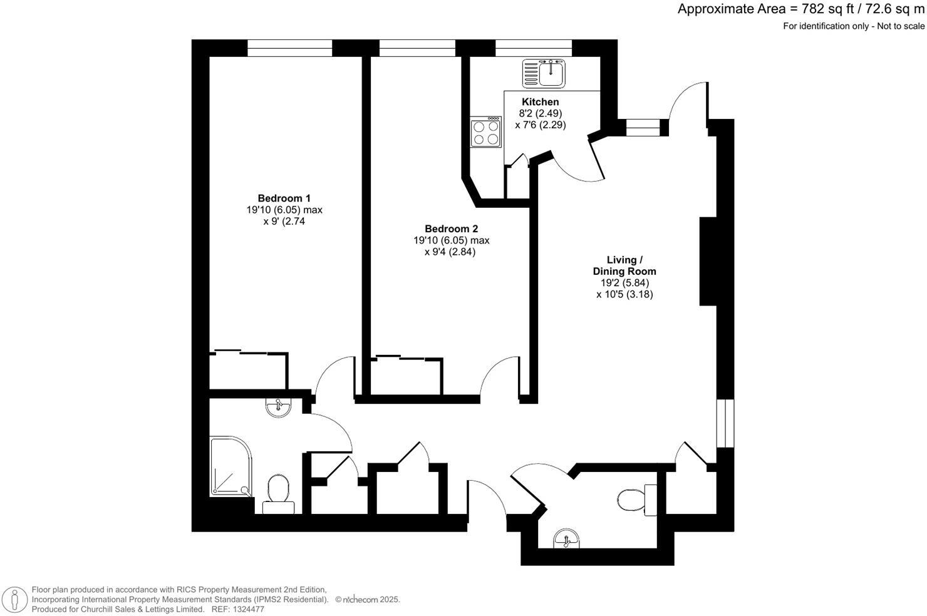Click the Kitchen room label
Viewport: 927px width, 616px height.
(540, 102)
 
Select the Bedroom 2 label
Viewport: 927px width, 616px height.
(451, 229)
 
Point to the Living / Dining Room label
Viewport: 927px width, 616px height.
(624, 265)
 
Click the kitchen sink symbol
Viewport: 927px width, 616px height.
(544, 73)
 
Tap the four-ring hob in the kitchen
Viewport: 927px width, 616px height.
(486, 132)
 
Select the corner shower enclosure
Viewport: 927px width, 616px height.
(230, 466)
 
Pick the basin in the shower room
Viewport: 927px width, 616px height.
(278, 408)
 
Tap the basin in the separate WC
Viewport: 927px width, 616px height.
(567, 538)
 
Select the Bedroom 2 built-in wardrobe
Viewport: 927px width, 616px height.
(407, 377)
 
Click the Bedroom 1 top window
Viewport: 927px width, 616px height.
(289, 48)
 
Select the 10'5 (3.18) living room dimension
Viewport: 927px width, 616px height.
(624, 294)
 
